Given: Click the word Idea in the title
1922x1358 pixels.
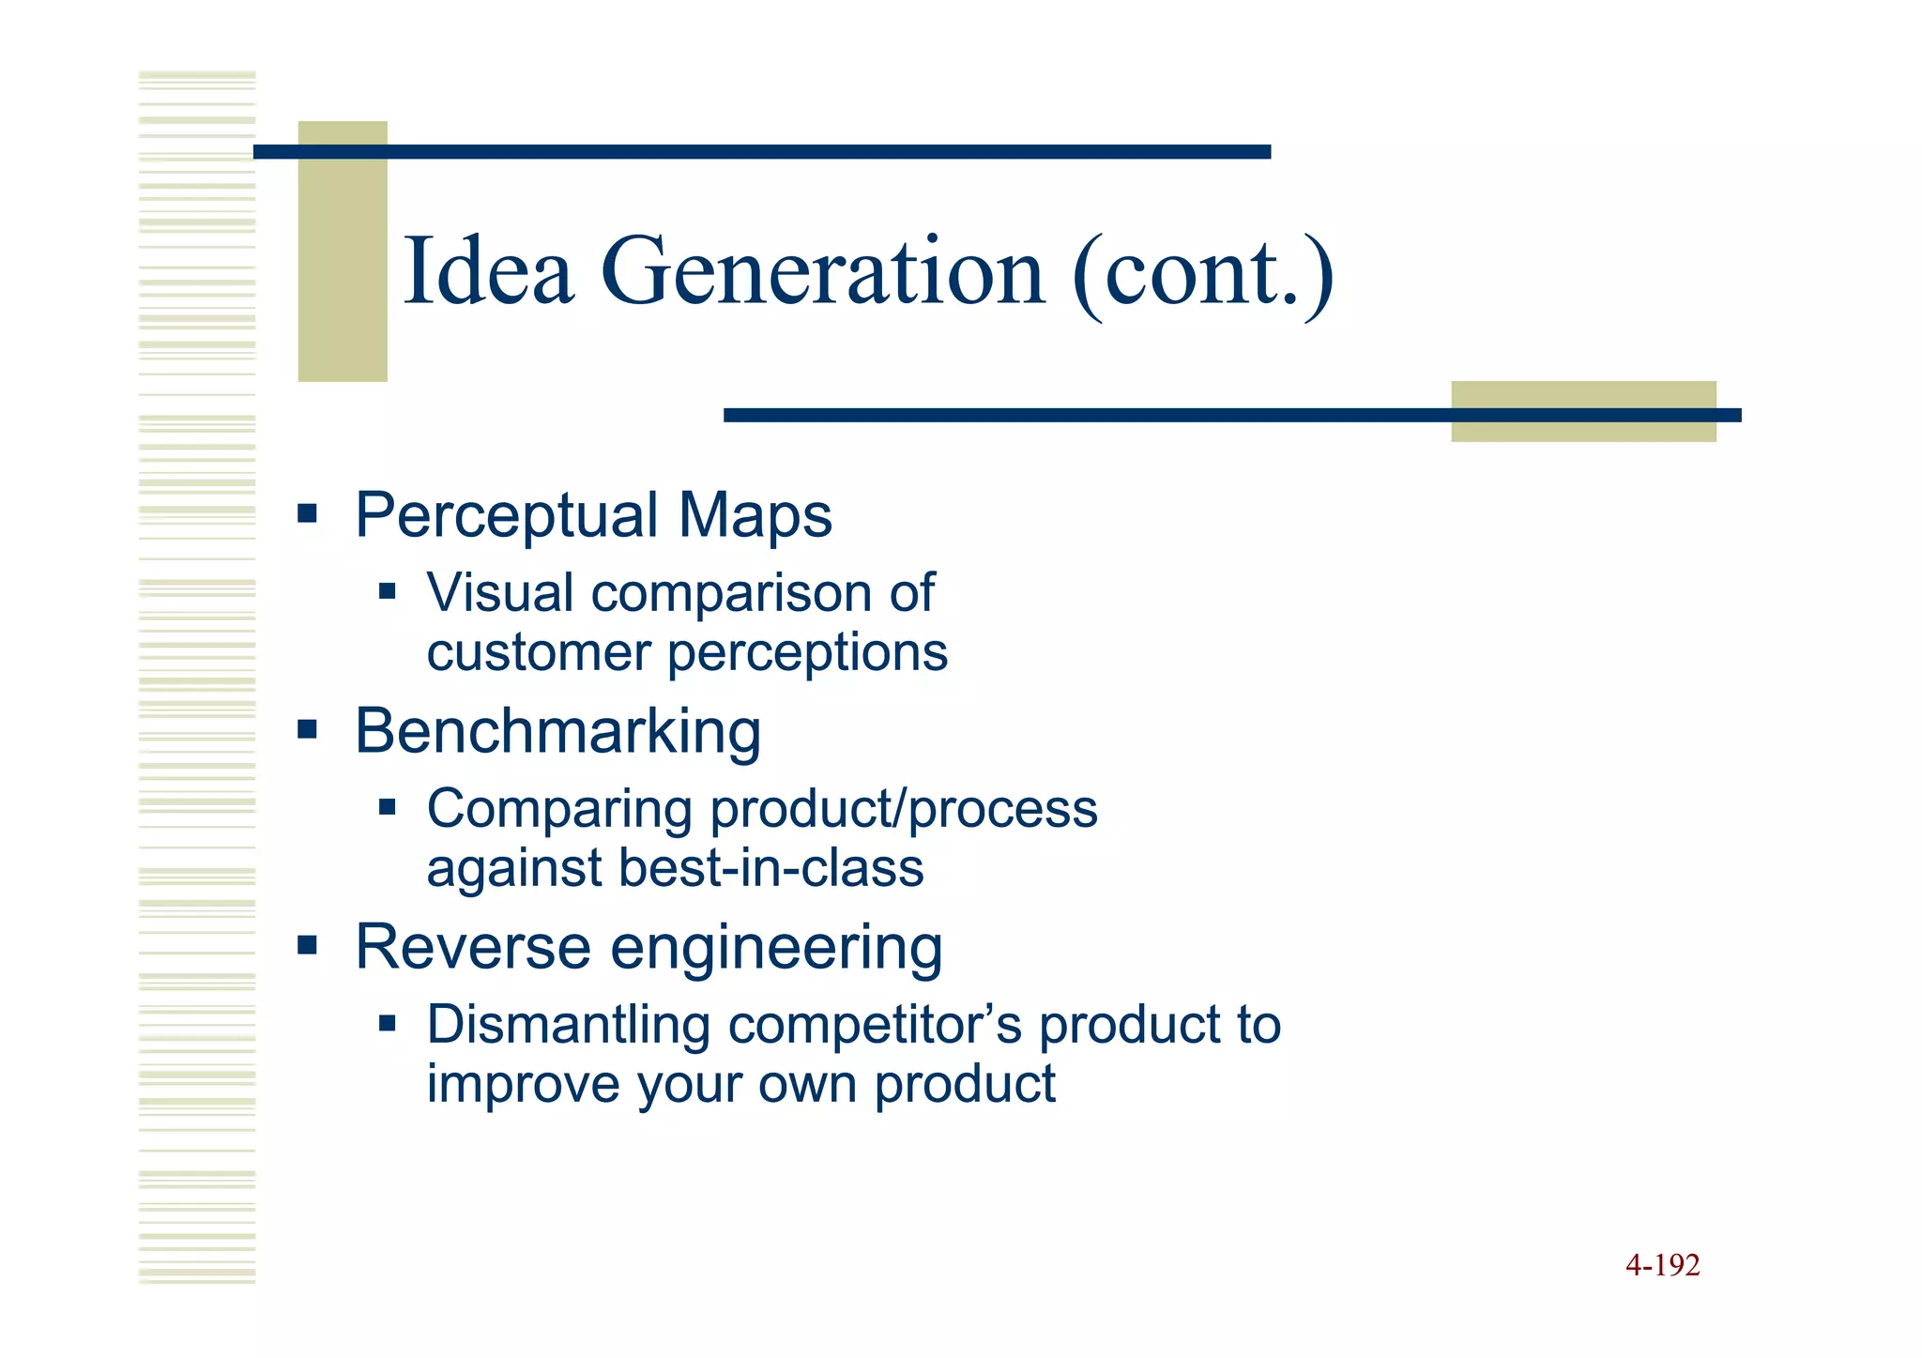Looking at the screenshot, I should click(x=488, y=272).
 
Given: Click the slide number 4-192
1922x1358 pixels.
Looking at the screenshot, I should click(x=1662, y=1266).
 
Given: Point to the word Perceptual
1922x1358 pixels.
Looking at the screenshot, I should click(x=507, y=516).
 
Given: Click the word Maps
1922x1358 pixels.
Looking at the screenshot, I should click(x=755, y=516).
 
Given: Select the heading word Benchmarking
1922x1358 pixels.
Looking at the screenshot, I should click(x=557, y=731).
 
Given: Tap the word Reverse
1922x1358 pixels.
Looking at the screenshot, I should click(x=472, y=947).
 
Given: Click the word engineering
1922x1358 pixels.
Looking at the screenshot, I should click(x=776, y=949).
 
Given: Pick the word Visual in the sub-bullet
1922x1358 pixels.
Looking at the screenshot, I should click(x=499, y=593).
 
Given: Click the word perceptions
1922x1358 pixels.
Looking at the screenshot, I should click(x=807, y=653).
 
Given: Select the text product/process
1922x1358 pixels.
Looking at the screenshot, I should click(x=903, y=809).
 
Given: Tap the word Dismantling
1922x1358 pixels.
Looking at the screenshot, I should click(x=568, y=1024).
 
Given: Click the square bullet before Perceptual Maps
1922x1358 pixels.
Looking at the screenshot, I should click(x=307, y=514).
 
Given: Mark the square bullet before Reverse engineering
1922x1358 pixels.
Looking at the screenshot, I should click(x=307, y=944).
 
